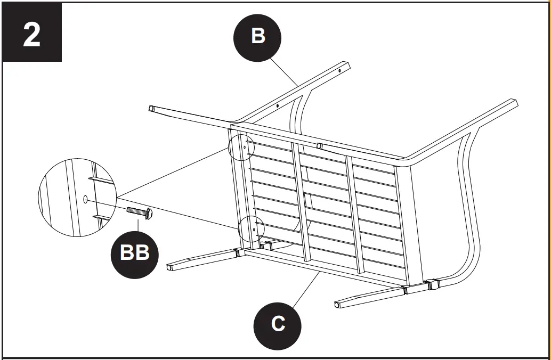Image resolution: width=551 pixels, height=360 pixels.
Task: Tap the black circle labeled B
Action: tap(258, 36)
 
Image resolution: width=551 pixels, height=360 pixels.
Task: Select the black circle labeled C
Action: tap(278, 323)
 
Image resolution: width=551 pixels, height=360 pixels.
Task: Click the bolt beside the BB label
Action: tap(140, 212)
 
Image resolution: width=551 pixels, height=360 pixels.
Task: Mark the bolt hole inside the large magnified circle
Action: tap(86, 199)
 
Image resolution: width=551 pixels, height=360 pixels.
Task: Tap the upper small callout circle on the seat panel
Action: tap(241, 146)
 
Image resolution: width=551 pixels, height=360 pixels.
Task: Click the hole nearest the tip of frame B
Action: tap(339, 69)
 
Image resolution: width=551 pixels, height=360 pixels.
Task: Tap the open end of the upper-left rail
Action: tap(152, 109)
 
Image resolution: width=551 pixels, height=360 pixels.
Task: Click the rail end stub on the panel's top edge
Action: tap(319, 145)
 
